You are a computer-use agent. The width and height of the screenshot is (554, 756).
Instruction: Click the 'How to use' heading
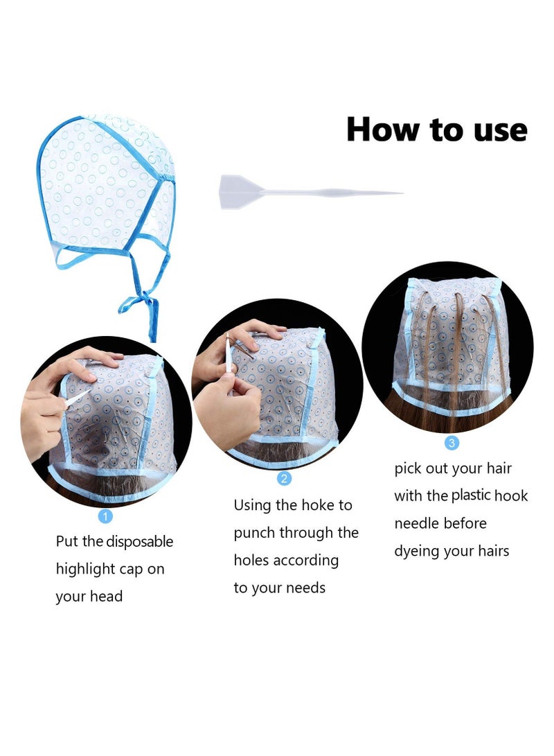436,130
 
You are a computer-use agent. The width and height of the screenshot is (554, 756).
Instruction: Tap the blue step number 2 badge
284,478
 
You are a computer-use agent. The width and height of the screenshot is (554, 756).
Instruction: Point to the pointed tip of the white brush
397,193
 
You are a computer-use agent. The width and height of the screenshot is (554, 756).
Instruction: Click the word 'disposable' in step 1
139,542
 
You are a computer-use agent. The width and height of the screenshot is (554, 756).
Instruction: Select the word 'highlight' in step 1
85,569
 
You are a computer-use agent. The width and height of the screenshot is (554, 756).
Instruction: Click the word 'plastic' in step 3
471,495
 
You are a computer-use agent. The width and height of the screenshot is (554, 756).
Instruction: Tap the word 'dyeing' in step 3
418,552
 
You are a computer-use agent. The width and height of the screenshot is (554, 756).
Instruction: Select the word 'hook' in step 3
511,495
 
